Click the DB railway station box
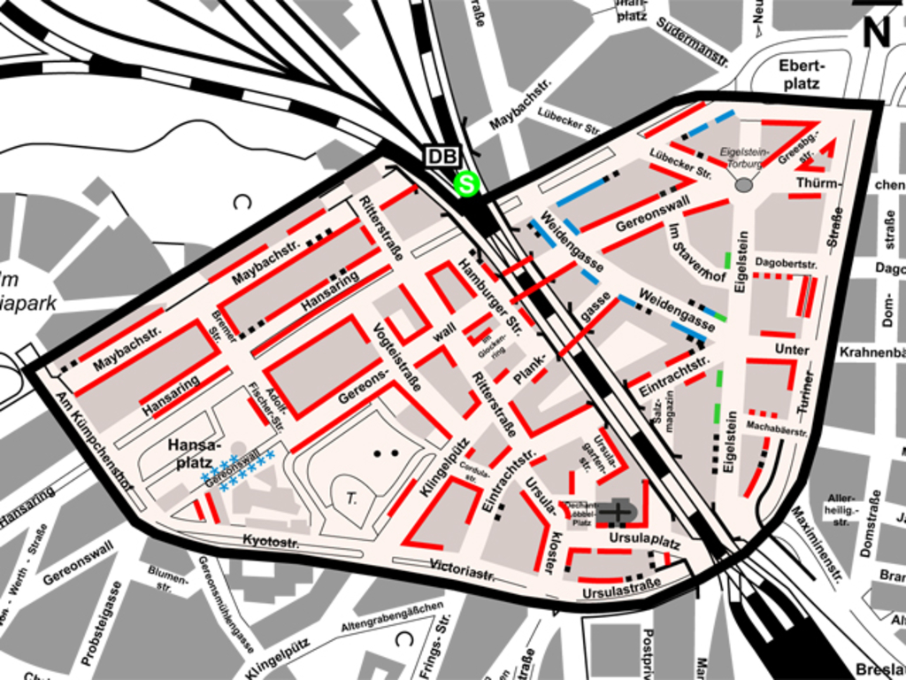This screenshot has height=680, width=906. (x=442, y=157)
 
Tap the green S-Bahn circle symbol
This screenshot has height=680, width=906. (x=465, y=184)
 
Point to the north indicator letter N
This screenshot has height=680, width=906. (x=876, y=32)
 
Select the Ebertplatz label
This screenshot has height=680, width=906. (x=801, y=74)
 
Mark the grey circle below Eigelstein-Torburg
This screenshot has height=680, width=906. (x=744, y=184)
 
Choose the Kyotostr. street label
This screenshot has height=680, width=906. (x=270, y=539)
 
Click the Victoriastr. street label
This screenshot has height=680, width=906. (x=462, y=568)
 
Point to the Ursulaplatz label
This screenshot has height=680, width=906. (x=644, y=539)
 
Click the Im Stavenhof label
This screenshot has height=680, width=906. (x=696, y=252)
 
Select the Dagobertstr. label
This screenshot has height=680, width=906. (x=786, y=264)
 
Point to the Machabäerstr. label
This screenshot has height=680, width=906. (x=777, y=428)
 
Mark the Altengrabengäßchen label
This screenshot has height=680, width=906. (x=392, y=617)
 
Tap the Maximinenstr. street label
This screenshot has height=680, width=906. (x=816, y=545)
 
